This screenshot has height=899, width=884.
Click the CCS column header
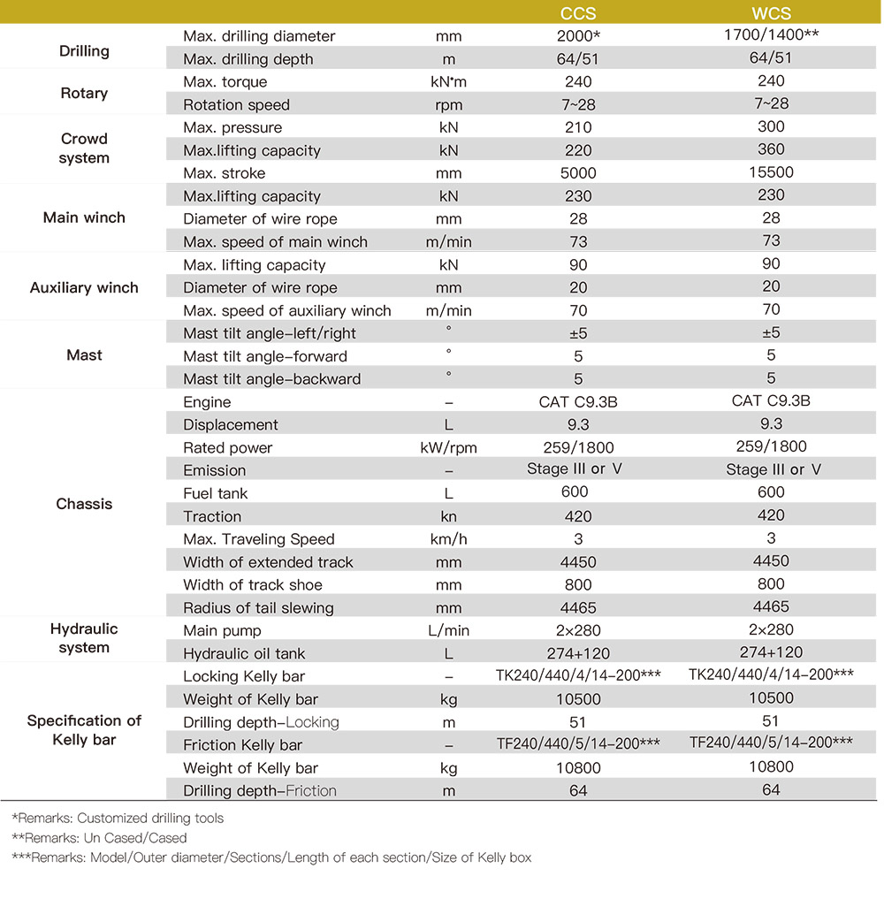[578, 13]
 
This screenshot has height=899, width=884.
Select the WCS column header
[771, 13]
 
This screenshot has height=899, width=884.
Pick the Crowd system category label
[85, 149]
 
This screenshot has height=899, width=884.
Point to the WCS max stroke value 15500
[771, 172]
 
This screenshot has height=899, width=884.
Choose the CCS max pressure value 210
[578, 127]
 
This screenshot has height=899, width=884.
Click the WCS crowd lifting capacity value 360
[771, 149]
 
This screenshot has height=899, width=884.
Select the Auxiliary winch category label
[84, 287]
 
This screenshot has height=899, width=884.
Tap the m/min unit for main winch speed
[449, 242]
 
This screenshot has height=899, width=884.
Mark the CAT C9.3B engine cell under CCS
[578, 402]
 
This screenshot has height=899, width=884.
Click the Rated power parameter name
[228, 448]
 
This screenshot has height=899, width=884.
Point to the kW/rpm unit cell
[449, 448]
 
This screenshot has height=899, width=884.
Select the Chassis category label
[84, 504]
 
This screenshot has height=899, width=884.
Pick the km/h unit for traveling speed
[449, 539]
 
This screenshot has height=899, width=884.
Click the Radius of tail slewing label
[258, 607]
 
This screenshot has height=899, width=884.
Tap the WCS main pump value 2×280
[771, 629]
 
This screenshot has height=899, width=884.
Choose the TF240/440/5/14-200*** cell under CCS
[578, 744]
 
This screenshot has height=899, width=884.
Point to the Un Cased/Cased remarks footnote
[100, 837]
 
